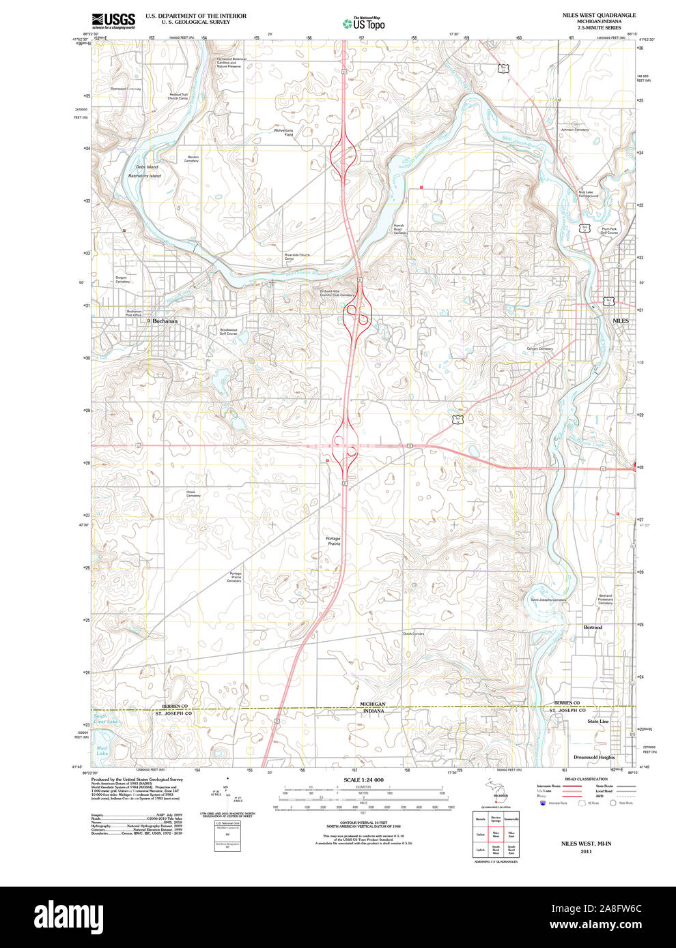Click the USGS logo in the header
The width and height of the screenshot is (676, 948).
[113, 20]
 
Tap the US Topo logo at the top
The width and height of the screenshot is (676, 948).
[363, 24]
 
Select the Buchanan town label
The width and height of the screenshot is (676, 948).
[165, 321]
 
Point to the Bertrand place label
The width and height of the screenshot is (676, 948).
[593, 627]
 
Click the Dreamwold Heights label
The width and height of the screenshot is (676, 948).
[593, 757]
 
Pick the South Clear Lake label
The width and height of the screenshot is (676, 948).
[105, 719]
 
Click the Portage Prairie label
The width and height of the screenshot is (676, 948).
[333, 542]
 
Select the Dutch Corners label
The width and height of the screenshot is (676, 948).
[413, 634]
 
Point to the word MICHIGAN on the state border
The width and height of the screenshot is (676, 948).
[373, 704]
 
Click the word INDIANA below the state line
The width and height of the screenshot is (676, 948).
[373, 711]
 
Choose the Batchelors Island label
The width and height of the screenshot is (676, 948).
[145, 176]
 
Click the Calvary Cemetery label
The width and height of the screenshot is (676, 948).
[539, 349]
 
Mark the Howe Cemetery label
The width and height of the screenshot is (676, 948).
[193, 494]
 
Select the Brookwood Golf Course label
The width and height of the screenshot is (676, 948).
[228, 332]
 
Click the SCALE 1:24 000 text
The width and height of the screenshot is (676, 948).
[363, 780]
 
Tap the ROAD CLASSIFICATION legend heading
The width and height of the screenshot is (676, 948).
[586, 779]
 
